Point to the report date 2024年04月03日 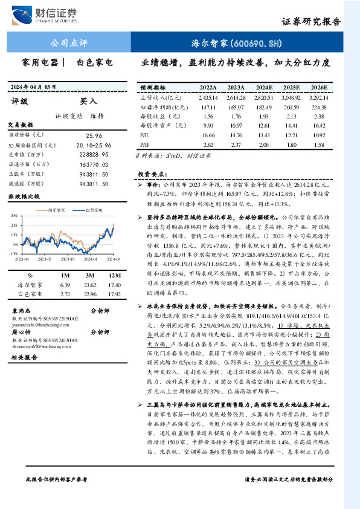tap(37, 86)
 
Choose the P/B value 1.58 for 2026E tap(320, 145)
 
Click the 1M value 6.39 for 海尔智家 tap(66, 284)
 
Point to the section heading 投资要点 tap(152, 173)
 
